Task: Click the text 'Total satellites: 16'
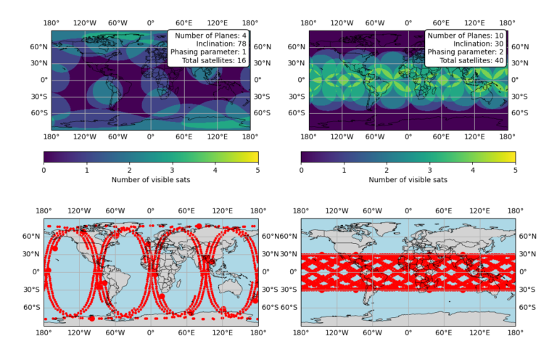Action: tap(208, 62)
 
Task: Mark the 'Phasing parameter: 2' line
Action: tap(466, 53)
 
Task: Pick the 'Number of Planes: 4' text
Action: tap(210, 35)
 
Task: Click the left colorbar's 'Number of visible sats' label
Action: tap(151, 180)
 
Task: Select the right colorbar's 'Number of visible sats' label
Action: tap(408, 180)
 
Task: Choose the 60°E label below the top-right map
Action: tap(442, 136)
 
